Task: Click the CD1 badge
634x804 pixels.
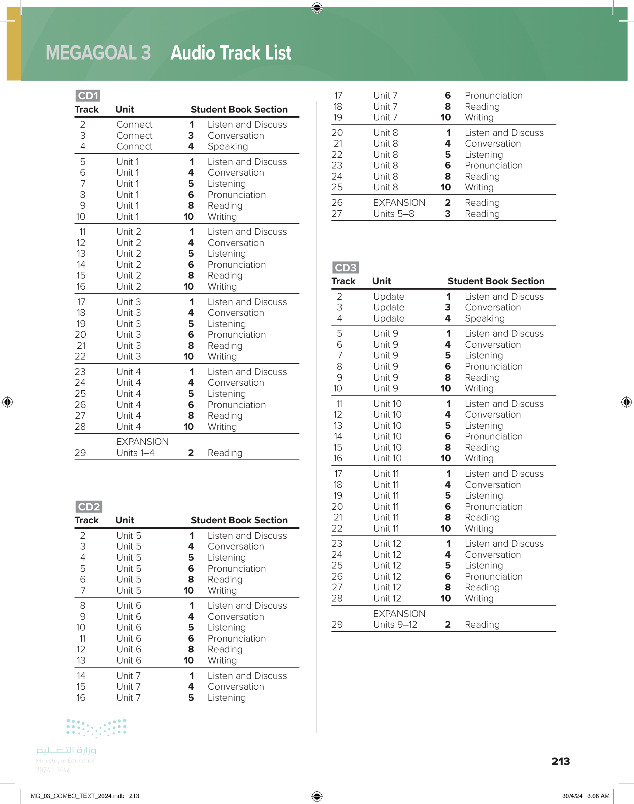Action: (x=88, y=96)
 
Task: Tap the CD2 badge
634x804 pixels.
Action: (x=89, y=506)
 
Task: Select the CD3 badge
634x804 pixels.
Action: (x=345, y=267)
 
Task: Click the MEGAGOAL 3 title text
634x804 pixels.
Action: (x=98, y=53)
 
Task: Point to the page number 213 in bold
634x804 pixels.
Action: (x=560, y=761)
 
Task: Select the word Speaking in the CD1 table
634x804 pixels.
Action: (x=227, y=146)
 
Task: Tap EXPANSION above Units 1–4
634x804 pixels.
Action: (x=142, y=442)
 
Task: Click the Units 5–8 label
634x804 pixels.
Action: (x=393, y=214)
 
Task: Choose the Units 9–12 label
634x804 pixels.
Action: (x=395, y=624)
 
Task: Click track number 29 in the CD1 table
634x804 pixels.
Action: (x=80, y=453)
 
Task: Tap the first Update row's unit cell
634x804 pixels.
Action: (x=388, y=296)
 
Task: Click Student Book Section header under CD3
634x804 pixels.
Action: (x=495, y=281)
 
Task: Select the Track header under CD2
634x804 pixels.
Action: (x=86, y=520)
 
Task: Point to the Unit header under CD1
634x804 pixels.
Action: (x=124, y=110)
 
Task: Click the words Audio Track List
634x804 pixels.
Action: (x=231, y=53)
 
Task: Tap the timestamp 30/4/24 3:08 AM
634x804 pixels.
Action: (x=585, y=796)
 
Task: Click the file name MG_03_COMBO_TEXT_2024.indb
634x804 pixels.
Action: (x=77, y=796)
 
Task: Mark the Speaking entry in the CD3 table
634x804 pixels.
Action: (x=484, y=318)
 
